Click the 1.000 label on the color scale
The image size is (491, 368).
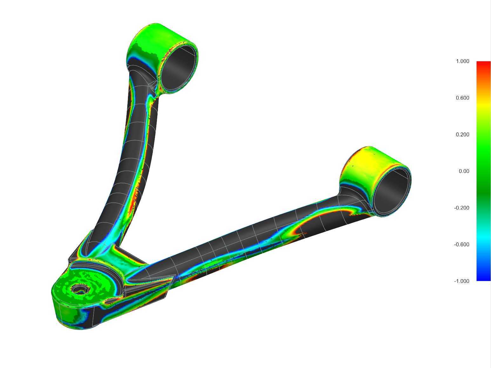(462, 61)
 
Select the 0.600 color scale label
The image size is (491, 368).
(462, 98)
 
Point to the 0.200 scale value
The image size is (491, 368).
(462, 134)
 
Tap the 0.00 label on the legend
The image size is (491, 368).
(464, 171)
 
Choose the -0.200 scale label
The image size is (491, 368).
(461, 208)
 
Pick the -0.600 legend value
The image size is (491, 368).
(461, 244)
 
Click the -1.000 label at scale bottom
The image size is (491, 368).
(461, 281)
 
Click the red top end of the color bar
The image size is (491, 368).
(483, 64)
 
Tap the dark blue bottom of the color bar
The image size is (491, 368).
(483, 277)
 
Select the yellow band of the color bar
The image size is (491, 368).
(483, 107)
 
